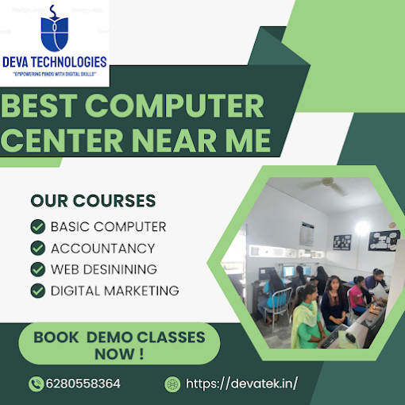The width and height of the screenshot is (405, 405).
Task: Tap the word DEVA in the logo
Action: pos(16,63)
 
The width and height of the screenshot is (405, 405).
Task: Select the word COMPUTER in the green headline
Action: pos(174,106)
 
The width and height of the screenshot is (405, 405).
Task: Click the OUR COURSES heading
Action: pos(93,201)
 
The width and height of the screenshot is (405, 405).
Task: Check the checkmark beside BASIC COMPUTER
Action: pos(38,227)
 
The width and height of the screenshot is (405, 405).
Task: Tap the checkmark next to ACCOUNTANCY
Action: pos(38,249)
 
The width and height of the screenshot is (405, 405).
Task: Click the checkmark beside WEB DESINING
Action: pos(38,269)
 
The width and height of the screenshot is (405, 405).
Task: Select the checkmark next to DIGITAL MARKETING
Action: pos(38,291)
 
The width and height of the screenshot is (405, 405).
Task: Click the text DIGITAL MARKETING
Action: pos(115,291)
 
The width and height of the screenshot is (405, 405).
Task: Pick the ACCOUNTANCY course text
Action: pos(103,249)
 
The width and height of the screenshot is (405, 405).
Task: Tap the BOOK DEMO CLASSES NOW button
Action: pos(119,344)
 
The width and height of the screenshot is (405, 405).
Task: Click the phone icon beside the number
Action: pos(37,384)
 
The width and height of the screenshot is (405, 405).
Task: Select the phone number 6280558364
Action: pos(83,384)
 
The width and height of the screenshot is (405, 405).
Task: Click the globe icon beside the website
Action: pos(172,384)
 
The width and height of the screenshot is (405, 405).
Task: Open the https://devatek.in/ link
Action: pos(241,384)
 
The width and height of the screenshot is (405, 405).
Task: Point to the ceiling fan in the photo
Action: pos(325,184)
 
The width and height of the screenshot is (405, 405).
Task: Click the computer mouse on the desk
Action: pos(351,337)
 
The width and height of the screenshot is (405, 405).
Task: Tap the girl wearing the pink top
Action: pos(358,295)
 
